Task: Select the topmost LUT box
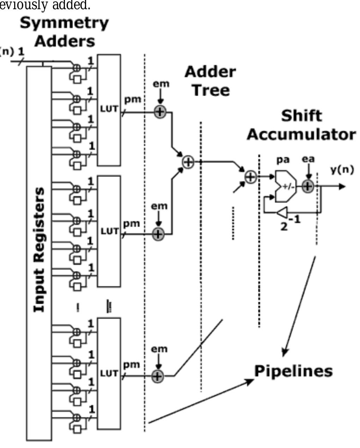pos(109,110)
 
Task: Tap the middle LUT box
pos(109,231)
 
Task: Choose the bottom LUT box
pos(109,373)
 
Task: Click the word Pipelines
pos(293,371)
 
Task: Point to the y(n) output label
pos(342,170)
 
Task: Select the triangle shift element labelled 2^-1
pos(282,213)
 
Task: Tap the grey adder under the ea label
pos(308,186)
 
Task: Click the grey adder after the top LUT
pos(160,112)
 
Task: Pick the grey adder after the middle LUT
pos(158,234)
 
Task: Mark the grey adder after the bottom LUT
pos(158,376)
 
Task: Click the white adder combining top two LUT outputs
pos(188,162)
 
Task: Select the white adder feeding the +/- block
pos(250,177)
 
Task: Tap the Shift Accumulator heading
pos(301,125)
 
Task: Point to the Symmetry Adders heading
pos(64,32)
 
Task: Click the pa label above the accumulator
pos(283,159)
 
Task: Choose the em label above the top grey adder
pos(161,84)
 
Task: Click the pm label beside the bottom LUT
pos(131,364)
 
